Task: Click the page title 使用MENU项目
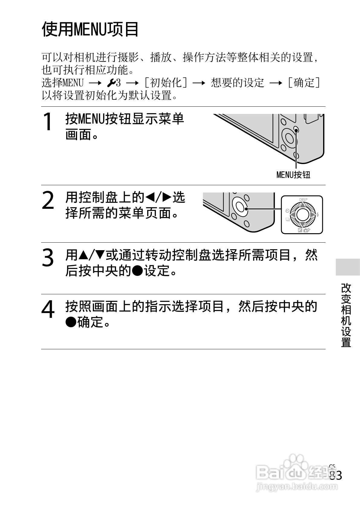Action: click(x=90, y=29)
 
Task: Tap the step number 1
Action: click(x=48, y=121)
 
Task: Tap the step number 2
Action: click(x=48, y=201)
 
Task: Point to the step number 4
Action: click(x=48, y=309)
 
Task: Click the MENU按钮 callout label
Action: click(x=293, y=175)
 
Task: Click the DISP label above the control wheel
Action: click(x=303, y=200)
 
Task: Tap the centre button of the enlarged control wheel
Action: click(x=302, y=215)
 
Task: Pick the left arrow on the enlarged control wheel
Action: click(x=292, y=215)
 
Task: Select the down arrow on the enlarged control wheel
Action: click(x=302, y=224)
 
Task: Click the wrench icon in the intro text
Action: click(x=111, y=82)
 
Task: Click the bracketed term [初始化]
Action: click(x=166, y=82)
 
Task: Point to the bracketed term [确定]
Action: click(x=303, y=82)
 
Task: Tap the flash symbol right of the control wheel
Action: click(x=317, y=215)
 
